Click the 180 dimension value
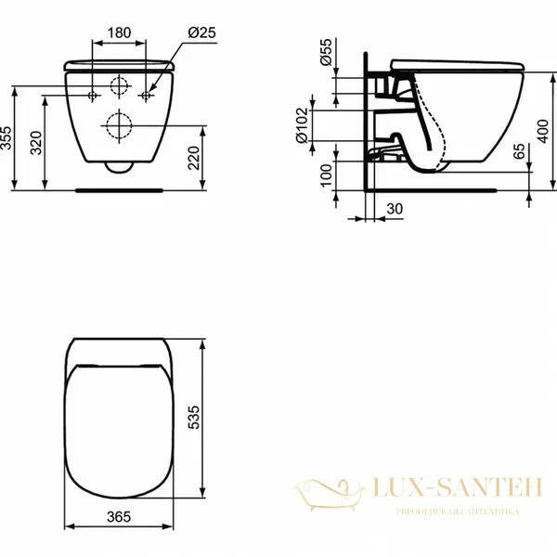pos(119,32)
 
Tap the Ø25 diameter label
pos(202,32)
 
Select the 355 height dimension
pos(8,137)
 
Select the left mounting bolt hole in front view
pos(93,96)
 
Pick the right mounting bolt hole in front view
pos(147,96)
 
